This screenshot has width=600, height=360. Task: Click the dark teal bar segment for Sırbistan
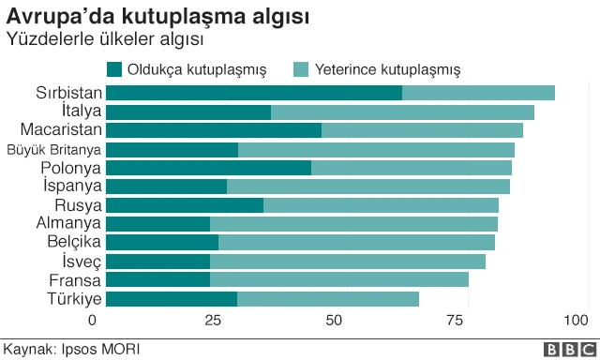point(253,93)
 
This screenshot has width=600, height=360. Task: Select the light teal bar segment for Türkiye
point(327,299)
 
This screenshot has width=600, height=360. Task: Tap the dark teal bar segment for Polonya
point(208,168)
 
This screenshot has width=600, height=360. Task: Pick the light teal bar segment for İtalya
point(402,112)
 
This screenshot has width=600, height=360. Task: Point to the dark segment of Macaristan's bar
point(214,130)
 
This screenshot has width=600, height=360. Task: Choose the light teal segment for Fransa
point(338,280)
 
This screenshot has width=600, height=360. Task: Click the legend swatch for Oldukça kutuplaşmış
point(115,69)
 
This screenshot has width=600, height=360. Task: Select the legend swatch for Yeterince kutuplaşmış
point(301,69)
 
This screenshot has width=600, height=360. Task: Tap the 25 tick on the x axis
point(212,321)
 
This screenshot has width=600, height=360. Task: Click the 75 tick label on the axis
point(455,321)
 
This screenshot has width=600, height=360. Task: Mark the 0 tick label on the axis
point(92,321)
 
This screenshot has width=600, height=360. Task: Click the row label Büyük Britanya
point(53,150)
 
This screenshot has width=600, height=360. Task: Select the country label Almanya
point(67,224)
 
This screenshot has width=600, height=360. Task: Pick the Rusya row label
point(78,205)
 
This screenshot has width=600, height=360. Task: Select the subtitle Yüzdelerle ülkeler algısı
point(105,40)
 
